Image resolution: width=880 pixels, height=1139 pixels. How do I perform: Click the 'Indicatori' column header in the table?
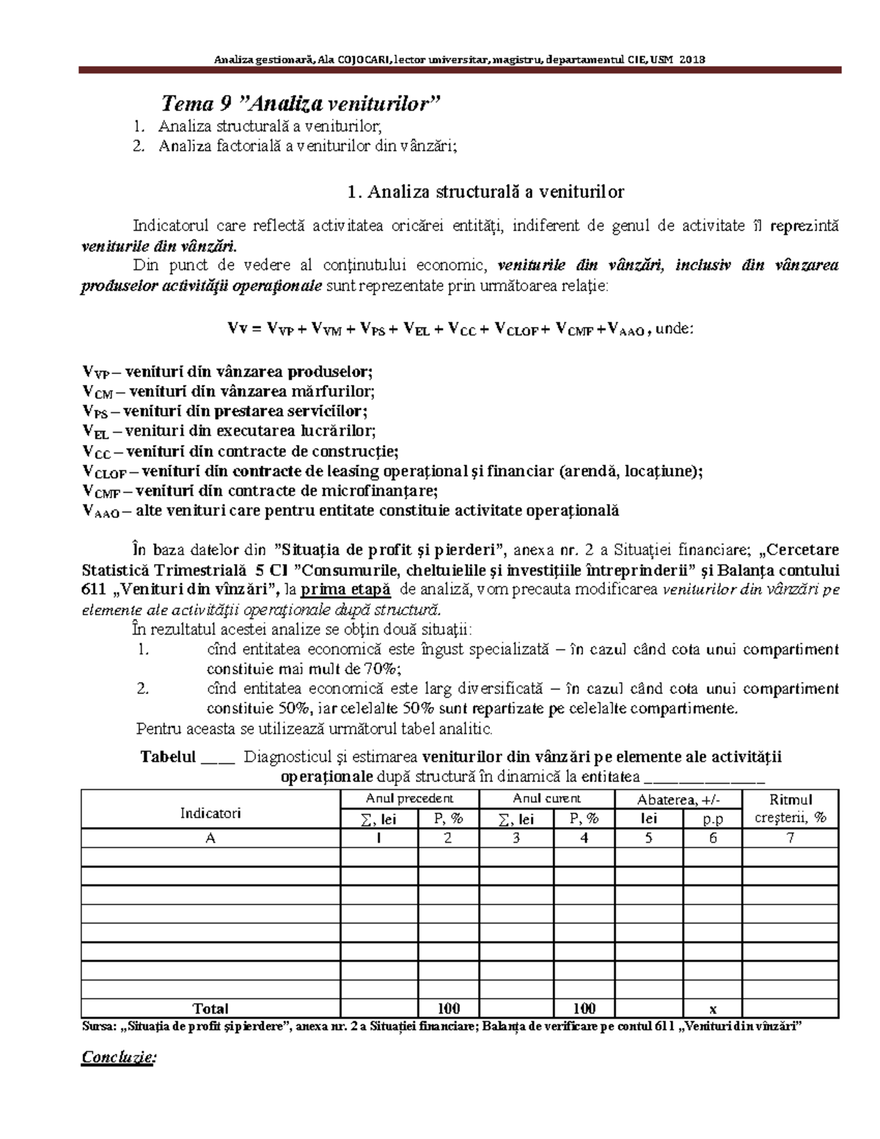tap(210, 813)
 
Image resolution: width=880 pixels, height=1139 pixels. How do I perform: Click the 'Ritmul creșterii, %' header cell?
tap(790, 809)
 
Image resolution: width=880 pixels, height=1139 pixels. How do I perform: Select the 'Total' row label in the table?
tap(210, 1008)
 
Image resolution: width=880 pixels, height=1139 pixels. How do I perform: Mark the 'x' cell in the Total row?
tap(712, 1008)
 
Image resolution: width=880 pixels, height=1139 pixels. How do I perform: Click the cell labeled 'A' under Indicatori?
tap(210, 838)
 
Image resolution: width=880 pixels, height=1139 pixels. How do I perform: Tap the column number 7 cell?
tap(790, 838)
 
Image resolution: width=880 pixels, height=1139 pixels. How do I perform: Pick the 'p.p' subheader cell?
tap(712, 819)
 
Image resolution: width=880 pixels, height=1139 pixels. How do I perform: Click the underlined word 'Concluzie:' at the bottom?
tap(118, 1057)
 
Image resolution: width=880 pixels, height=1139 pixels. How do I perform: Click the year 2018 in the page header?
tap(692, 59)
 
